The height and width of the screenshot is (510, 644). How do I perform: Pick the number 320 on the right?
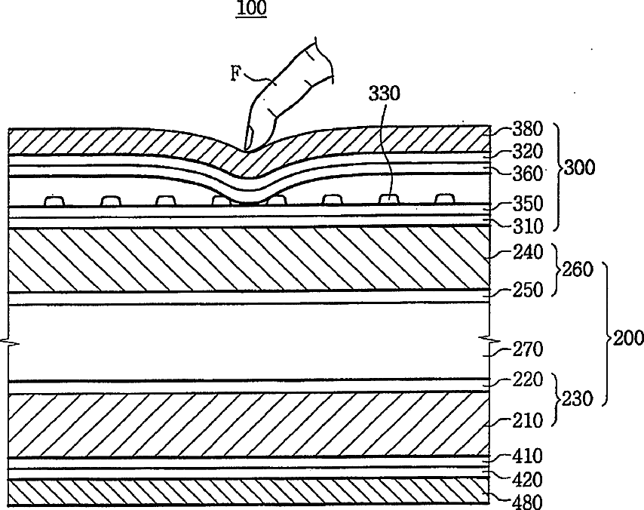(528, 152)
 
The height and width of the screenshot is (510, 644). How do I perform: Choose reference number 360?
(528, 174)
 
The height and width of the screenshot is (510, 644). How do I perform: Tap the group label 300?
(579, 167)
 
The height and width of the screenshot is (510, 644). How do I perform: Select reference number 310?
(528, 226)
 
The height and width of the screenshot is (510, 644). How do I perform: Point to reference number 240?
(528, 253)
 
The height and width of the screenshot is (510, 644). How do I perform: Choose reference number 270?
(528, 349)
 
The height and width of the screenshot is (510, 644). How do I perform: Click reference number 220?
(528, 379)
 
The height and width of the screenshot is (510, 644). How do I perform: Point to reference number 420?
(528, 479)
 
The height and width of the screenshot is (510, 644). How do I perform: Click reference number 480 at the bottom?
(528, 500)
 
